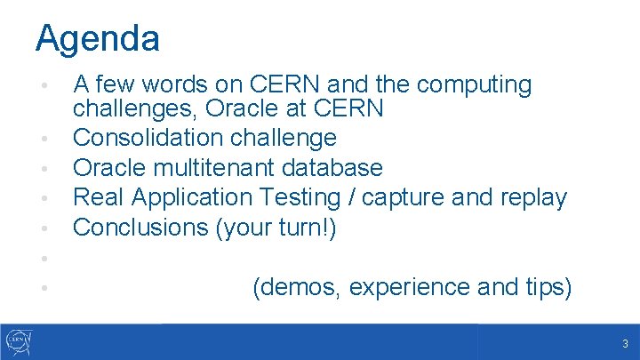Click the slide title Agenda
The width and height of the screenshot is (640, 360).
[x=98, y=38]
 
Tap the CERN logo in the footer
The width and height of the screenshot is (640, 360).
[x=20, y=341]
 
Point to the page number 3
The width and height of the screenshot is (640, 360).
[x=625, y=344]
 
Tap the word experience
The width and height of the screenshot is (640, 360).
[x=412, y=287]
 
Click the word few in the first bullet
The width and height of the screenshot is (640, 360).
[x=117, y=85]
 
